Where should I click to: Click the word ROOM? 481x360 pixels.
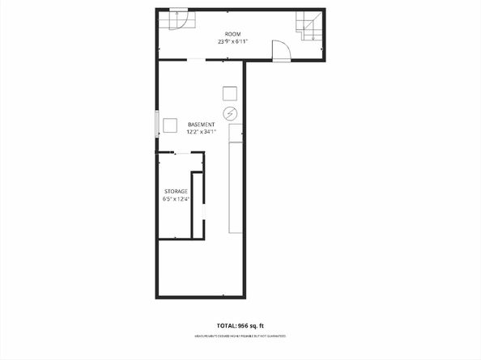(x=232, y=33)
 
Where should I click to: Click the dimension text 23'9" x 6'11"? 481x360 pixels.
(x=232, y=41)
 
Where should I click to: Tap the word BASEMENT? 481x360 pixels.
(x=201, y=124)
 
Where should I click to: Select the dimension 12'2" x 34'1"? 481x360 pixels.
(x=201, y=132)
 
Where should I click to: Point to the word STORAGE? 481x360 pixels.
(x=176, y=191)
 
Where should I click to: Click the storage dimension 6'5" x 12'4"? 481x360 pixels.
(x=176, y=199)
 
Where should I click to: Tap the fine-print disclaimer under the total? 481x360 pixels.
(x=240, y=335)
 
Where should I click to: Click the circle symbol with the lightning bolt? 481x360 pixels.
(x=230, y=112)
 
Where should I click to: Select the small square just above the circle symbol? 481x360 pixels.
(x=230, y=92)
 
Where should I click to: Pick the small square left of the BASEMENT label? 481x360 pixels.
(x=170, y=125)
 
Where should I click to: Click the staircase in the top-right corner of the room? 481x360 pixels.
(x=309, y=27)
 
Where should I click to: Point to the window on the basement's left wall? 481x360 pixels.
(x=157, y=124)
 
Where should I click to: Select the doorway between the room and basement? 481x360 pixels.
(x=196, y=60)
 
